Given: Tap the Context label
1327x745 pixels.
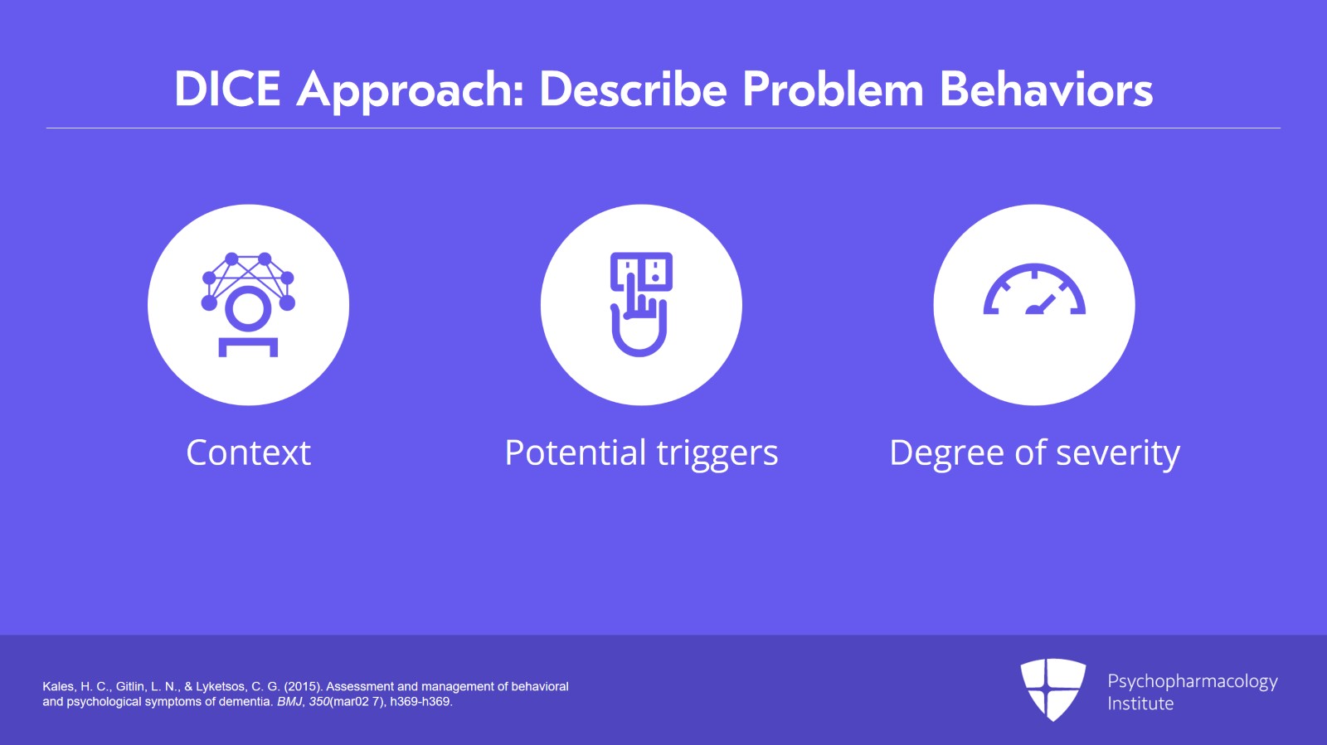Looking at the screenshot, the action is click(x=248, y=452).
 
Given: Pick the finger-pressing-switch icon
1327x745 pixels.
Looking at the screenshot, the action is click(x=641, y=304).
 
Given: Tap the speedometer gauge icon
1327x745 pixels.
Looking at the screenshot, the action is click(x=1034, y=288).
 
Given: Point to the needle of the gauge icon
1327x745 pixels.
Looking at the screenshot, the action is click(x=1042, y=304).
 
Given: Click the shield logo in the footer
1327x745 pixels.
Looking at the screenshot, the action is click(x=1052, y=689).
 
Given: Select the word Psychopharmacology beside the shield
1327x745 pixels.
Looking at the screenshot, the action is click(x=1193, y=682).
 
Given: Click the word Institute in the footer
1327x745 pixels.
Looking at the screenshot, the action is click(x=1140, y=704).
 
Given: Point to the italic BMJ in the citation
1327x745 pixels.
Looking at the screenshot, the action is click(x=289, y=702).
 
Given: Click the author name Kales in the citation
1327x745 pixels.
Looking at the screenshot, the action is click(x=59, y=687).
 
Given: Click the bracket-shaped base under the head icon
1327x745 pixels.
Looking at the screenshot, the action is click(x=248, y=347).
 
